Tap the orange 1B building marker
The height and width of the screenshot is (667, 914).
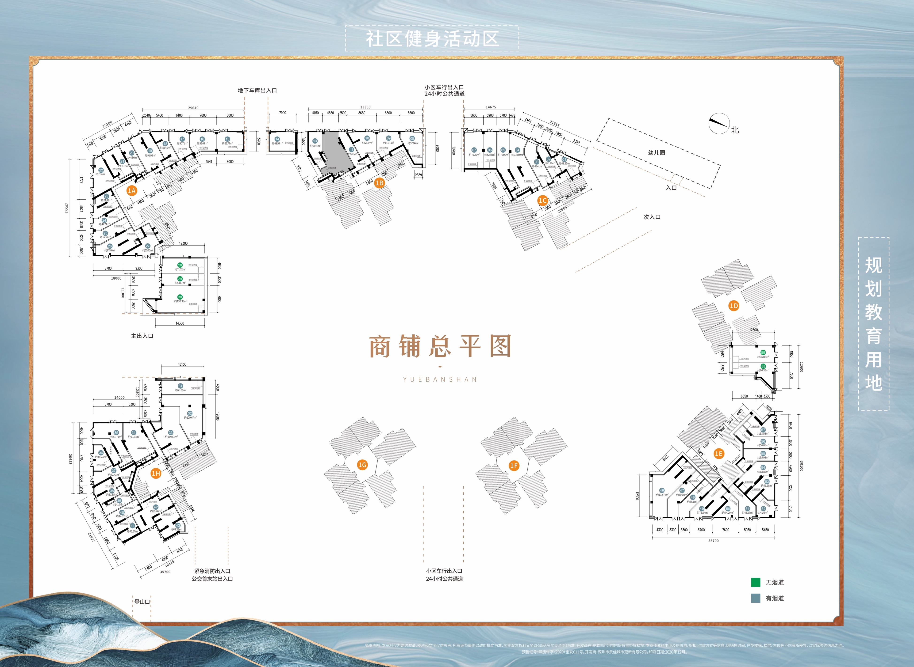coord(379,183)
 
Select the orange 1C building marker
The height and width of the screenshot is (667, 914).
coord(543,200)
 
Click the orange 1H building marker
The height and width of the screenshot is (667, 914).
coord(156,473)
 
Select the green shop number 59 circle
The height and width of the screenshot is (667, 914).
coord(763,352)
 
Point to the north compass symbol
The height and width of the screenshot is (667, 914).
coord(719,123)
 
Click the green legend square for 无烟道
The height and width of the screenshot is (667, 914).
coord(755,582)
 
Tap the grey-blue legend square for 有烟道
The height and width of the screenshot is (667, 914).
coord(755,598)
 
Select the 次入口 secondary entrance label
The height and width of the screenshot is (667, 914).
coord(652,217)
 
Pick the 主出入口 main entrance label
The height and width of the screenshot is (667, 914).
coord(142,336)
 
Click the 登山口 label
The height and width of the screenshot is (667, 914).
coord(142,602)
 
